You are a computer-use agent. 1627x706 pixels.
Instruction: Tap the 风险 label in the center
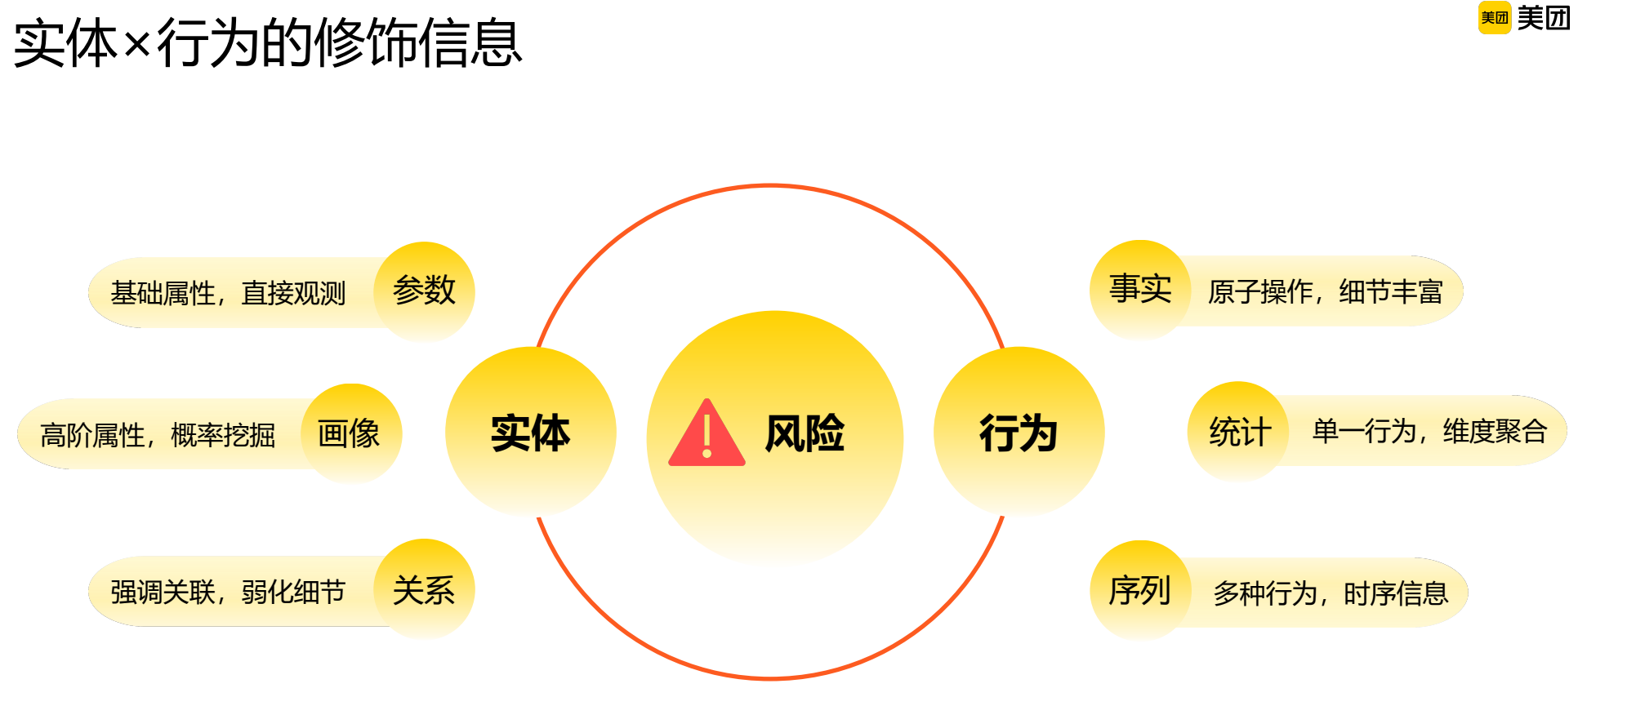tap(805, 433)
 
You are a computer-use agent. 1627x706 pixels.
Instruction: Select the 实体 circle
tap(530, 432)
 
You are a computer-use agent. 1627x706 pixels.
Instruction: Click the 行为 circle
tap(1019, 432)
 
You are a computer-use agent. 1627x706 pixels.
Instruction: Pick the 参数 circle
tap(424, 291)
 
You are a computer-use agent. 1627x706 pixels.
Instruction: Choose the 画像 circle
tap(350, 433)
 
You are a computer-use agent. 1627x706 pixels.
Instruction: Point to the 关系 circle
tap(424, 589)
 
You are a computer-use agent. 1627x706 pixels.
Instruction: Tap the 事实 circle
tap(1140, 289)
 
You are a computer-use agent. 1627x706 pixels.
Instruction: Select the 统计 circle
tap(1239, 432)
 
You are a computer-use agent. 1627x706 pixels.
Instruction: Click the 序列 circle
tap(1140, 590)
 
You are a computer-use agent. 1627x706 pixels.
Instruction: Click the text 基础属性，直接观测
tap(228, 293)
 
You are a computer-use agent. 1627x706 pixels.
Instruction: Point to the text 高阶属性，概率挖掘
tap(158, 435)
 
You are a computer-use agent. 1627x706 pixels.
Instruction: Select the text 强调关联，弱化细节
tap(228, 592)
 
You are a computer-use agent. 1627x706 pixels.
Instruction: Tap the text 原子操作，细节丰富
tap(1325, 291)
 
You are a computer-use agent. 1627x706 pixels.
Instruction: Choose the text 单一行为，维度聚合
tap(1429, 431)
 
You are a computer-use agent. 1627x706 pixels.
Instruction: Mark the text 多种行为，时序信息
tap(1331, 593)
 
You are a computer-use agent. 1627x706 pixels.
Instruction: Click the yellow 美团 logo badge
tap(1495, 18)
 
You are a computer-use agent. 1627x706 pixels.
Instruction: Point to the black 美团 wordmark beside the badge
tap(1544, 18)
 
